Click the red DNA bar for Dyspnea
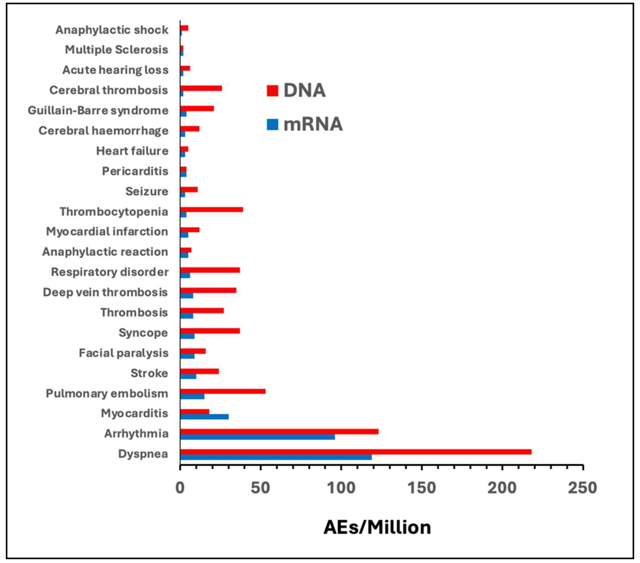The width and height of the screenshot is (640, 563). coord(355,452)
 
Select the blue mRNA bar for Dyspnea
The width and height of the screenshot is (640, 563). coord(276,457)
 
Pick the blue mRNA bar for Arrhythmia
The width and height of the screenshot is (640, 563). coord(257,437)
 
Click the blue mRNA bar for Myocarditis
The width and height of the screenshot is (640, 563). coord(204,417)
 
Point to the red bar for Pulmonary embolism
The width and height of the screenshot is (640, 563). coord(223,391)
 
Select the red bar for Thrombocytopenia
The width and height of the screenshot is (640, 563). coord(211,210)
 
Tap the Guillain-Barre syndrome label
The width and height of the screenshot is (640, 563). coord(98,110)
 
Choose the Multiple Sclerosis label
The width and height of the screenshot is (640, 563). coord(116,49)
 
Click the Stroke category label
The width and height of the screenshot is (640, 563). coord(149,373)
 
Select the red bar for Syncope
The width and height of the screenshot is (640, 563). coord(210,331)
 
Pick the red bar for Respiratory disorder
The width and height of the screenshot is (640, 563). coord(210,270)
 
